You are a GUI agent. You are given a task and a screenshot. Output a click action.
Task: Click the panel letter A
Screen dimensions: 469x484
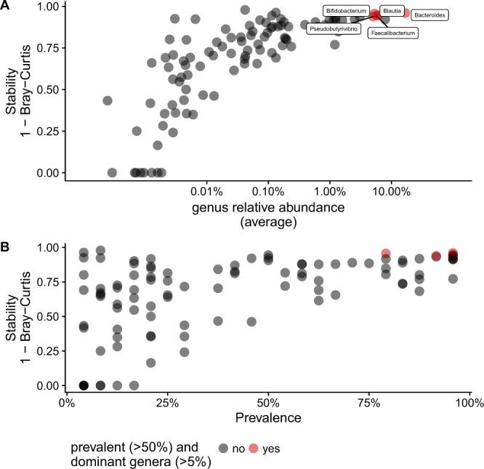pos(6,7)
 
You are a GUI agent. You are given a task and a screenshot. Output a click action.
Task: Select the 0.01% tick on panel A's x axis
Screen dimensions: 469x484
pos(206,193)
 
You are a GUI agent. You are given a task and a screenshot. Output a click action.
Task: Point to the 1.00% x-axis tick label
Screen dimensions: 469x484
pos(330,193)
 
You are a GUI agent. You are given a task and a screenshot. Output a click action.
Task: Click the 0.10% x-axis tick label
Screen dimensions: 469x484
pos(268,193)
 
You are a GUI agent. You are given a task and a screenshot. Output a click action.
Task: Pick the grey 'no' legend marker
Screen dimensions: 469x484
pos(225,449)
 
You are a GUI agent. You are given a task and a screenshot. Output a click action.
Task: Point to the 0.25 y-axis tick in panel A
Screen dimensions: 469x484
pos(47,131)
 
